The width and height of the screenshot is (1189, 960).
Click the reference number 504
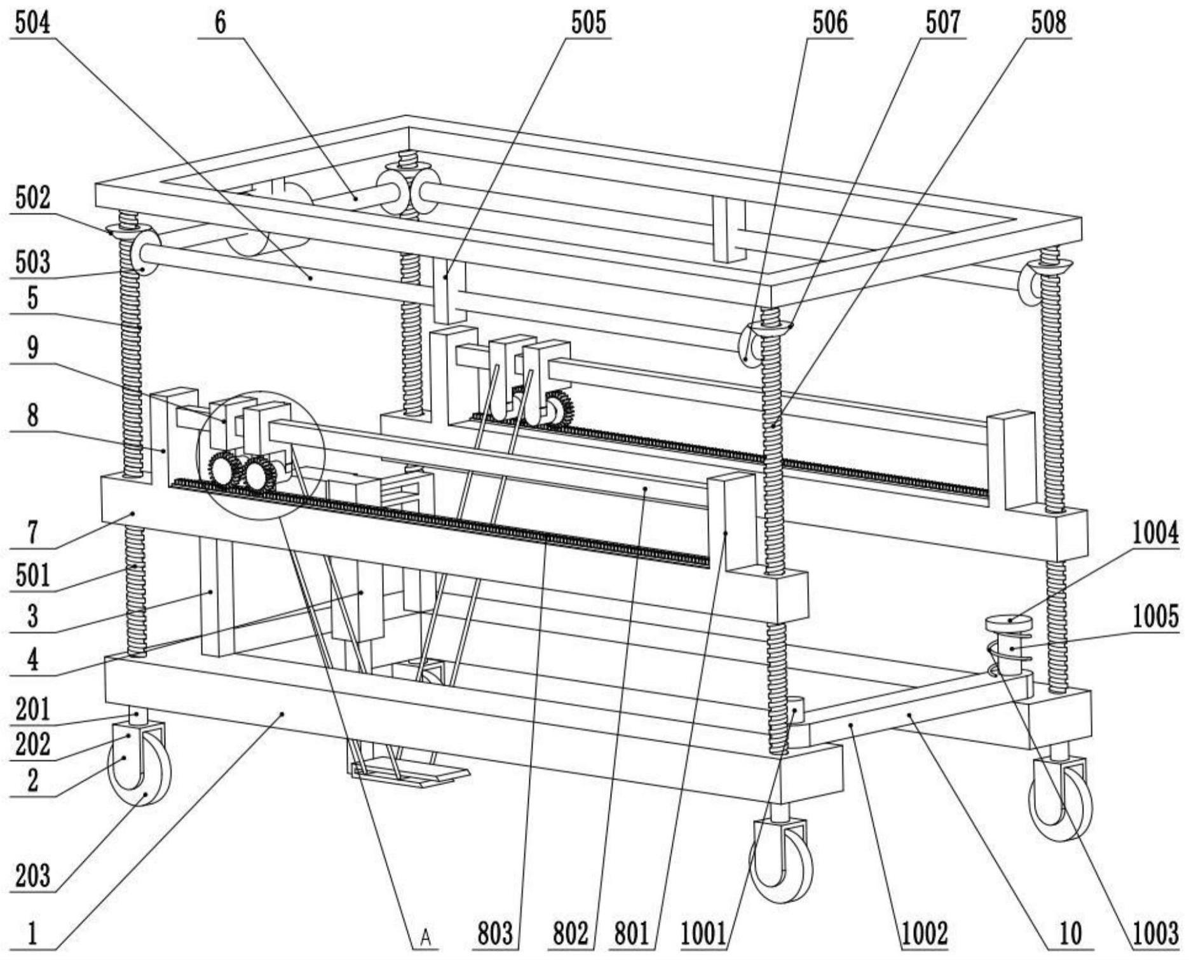click(32, 23)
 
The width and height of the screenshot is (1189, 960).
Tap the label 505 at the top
click(588, 23)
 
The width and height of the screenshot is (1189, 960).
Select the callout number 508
click(1048, 23)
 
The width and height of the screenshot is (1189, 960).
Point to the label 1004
click(1155, 533)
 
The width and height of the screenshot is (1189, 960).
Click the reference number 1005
click(1155, 616)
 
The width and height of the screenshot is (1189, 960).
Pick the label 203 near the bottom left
click(32, 875)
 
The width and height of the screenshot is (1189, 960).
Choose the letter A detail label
click(426, 936)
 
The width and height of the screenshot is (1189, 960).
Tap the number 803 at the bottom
click(494, 933)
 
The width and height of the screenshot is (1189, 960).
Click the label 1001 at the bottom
click(703, 933)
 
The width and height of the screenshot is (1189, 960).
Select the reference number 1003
click(1155, 933)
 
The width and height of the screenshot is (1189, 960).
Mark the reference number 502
click(32, 198)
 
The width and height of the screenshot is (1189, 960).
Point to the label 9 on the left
click(32, 347)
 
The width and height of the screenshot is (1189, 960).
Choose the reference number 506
click(829, 23)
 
